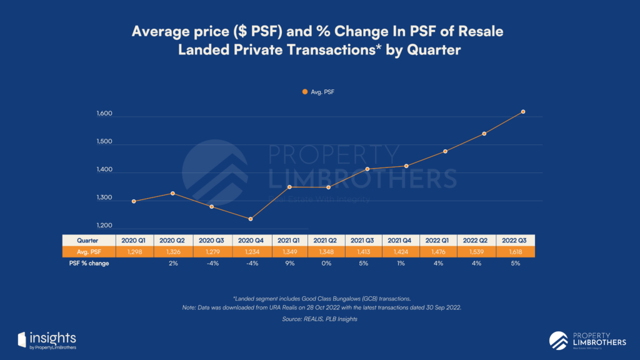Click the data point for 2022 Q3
click(x=523, y=112)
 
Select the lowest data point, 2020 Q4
click(x=250, y=219)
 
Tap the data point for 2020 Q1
click(x=134, y=201)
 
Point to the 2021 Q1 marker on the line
click(x=289, y=187)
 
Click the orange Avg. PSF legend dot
click(x=305, y=92)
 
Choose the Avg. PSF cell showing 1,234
click(x=251, y=252)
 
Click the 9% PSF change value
click(x=289, y=264)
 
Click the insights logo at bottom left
click(x=47, y=339)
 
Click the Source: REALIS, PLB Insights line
click(x=319, y=319)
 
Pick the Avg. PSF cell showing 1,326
click(x=173, y=252)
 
